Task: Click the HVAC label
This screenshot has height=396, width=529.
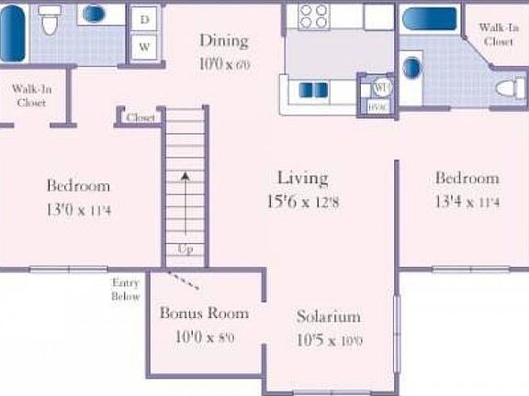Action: [x=378, y=105]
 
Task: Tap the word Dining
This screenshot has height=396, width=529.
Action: [x=224, y=40]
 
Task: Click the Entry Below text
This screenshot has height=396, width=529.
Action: [x=126, y=290]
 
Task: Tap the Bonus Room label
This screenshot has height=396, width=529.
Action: [x=204, y=313]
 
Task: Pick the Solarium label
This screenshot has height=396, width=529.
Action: [x=328, y=317]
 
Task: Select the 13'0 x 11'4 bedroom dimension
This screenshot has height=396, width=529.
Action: [x=78, y=208]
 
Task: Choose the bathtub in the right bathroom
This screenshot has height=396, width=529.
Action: [x=427, y=20]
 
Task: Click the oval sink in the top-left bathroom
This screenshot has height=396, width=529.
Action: [x=94, y=15]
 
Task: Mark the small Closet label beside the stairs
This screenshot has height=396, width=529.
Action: [x=140, y=117]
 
